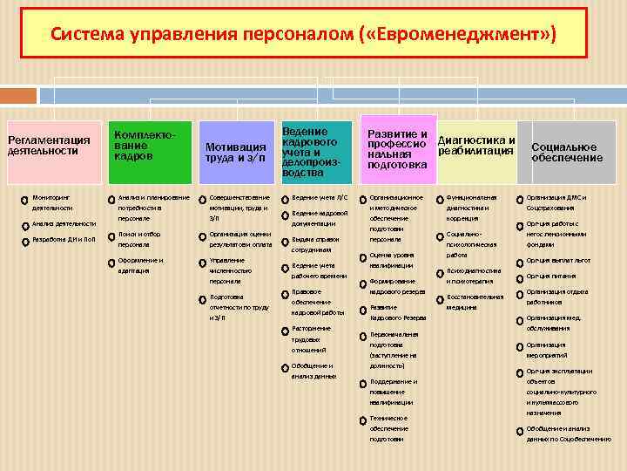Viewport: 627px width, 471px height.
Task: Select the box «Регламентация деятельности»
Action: click(50, 145)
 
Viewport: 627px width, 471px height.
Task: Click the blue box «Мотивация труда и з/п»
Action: click(236, 151)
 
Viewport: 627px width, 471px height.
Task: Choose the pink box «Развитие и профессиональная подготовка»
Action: click(397, 149)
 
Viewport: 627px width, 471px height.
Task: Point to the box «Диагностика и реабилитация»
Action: click(476, 145)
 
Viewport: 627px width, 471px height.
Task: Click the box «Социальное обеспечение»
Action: click(567, 152)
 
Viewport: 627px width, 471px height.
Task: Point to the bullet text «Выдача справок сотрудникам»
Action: click(316, 244)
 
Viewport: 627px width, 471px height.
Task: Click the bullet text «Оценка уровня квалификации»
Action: click(392, 260)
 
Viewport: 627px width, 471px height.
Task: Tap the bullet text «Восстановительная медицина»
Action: click(475, 302)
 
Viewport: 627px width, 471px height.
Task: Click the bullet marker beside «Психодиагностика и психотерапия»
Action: click(440, 273)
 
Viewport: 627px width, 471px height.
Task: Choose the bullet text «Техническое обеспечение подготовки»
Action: click(388, 428)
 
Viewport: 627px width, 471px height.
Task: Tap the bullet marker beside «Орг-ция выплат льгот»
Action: click(519, 262)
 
